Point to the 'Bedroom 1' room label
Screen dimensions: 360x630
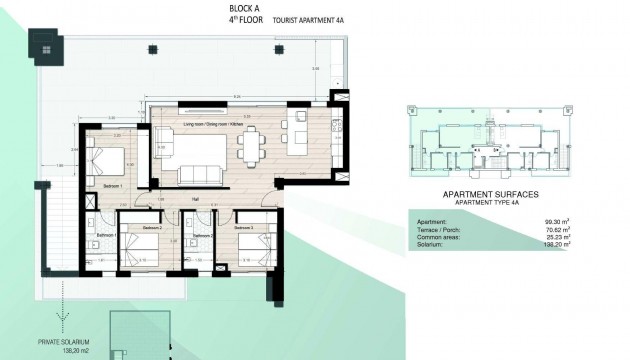[112, 186]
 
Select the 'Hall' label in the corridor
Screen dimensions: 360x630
[195, 198]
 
